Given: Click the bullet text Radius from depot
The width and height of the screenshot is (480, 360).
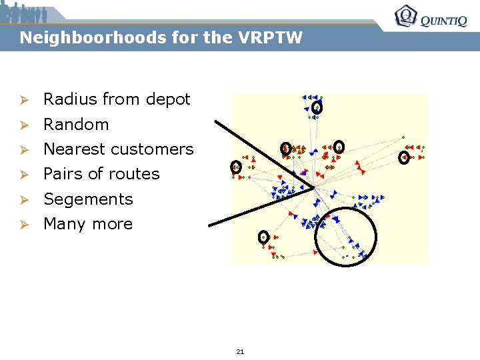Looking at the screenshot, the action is (x=117, y=99).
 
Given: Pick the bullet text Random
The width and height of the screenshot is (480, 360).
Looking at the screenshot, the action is (x=76, y=124).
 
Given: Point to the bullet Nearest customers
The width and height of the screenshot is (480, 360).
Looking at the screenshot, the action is (x=118, y=149).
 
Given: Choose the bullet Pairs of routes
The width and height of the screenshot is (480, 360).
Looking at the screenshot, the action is (x=101, y=174).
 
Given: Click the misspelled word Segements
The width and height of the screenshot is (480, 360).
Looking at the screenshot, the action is (x=88, y=199).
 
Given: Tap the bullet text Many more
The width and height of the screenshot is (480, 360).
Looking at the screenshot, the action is (x=88, y=224).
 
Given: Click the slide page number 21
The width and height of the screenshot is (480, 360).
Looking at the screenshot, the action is (x=240, y=351).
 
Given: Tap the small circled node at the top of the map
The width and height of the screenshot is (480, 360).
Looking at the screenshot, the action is (x=317, y=107).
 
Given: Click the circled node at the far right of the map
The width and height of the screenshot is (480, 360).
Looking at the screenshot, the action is (x=403, y=157).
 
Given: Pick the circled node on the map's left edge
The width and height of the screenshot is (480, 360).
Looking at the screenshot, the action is (x=235, y=167).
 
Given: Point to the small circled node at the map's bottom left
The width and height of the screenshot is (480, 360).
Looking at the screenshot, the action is (x=263, y=237).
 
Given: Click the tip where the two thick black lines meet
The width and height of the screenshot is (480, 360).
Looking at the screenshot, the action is (x=313, y=188).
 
